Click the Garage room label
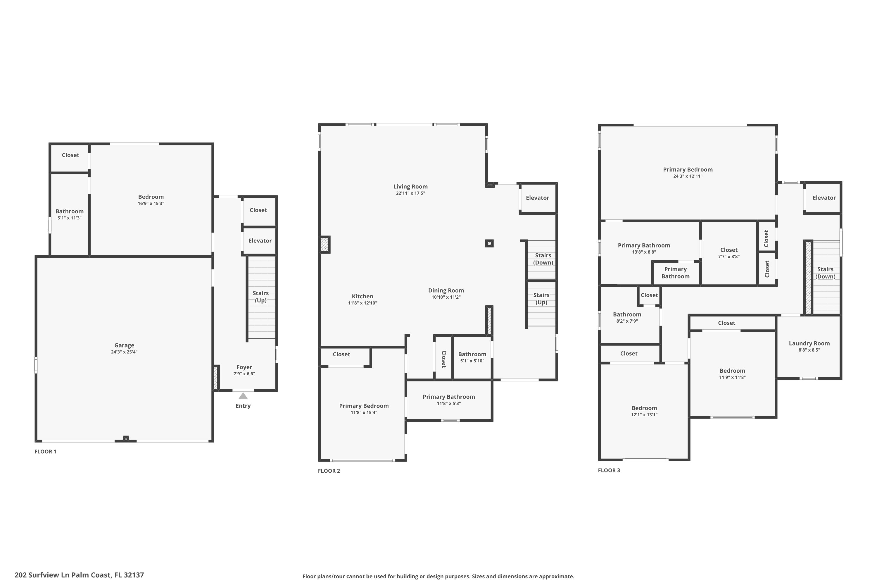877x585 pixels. point(124,345)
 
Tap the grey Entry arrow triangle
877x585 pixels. point(243,396)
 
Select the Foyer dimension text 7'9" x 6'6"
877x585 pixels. point(244,374)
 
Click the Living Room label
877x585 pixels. point(410,187)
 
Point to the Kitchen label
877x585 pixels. point(362,297)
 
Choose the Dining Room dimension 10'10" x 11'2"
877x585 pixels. point(446,297)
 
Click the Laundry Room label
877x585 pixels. point(809,344)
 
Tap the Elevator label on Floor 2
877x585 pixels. point(538,198)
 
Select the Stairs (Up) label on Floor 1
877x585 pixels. point(261,297)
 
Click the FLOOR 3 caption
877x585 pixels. point(609,470)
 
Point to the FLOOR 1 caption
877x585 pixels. point(46,452)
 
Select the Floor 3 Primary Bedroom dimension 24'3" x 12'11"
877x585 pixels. point(688,176)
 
